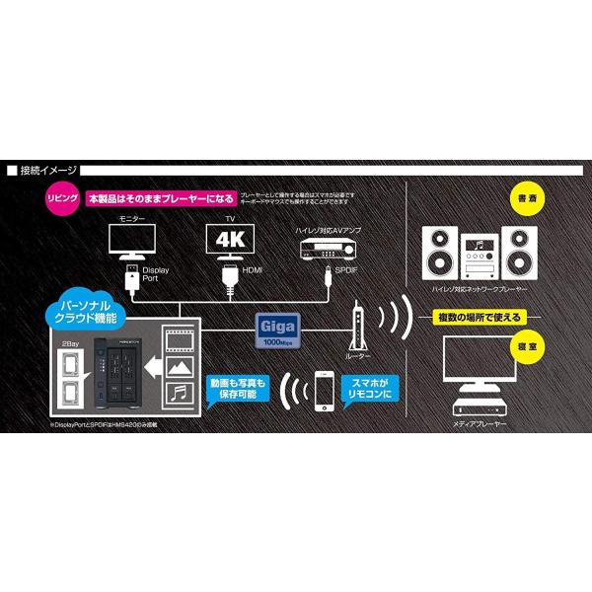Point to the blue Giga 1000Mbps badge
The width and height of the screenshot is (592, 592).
tap(276, 326)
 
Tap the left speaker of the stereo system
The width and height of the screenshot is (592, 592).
tap(440, 255)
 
